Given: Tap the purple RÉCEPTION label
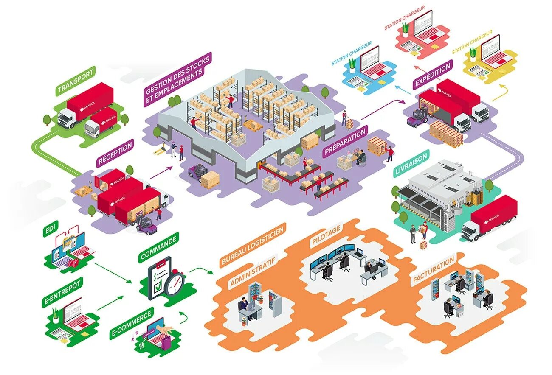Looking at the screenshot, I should (115, 153).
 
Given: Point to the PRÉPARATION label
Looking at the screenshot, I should (344, 143).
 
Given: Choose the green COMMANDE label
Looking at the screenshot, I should (158, 248).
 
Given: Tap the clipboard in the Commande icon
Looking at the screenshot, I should (158, 277).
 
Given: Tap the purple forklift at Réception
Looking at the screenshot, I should (145, 225).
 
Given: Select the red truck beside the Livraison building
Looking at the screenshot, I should (490, 217).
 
